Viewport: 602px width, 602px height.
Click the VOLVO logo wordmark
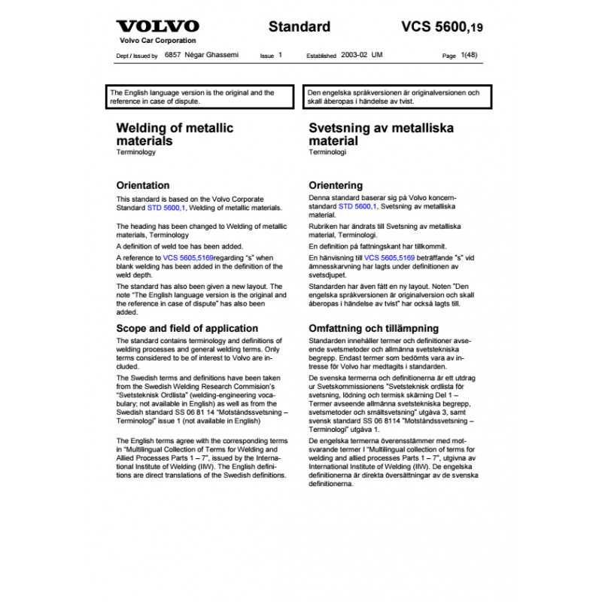pyautogui.click(x=157, y=26)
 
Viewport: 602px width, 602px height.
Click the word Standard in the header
pyautogui.click(x=299, y=27)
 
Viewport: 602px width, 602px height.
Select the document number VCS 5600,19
pyautogui.click(x=442, y=28)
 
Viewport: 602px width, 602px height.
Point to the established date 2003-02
pyautogui.click(x=354, y=56)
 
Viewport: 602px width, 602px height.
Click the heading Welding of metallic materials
pyautogui.click(x=164, y=134)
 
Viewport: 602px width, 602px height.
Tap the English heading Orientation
pyautogui.click(x=142, y=185)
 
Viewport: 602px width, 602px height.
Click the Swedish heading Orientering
pyautogui.click(x=336, y=185)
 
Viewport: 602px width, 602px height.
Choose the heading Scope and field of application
pyautogui.click(x=187, y=329)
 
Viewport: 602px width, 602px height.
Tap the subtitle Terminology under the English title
pyautogui.click(x=135, y=153)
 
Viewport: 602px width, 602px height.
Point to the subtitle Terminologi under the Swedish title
pyautogui.click(x=327, y=153)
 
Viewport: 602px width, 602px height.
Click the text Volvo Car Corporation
pyautogui.click(x=157, y=41)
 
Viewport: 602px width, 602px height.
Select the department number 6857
pyautogui.click(x=172, y=56)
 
